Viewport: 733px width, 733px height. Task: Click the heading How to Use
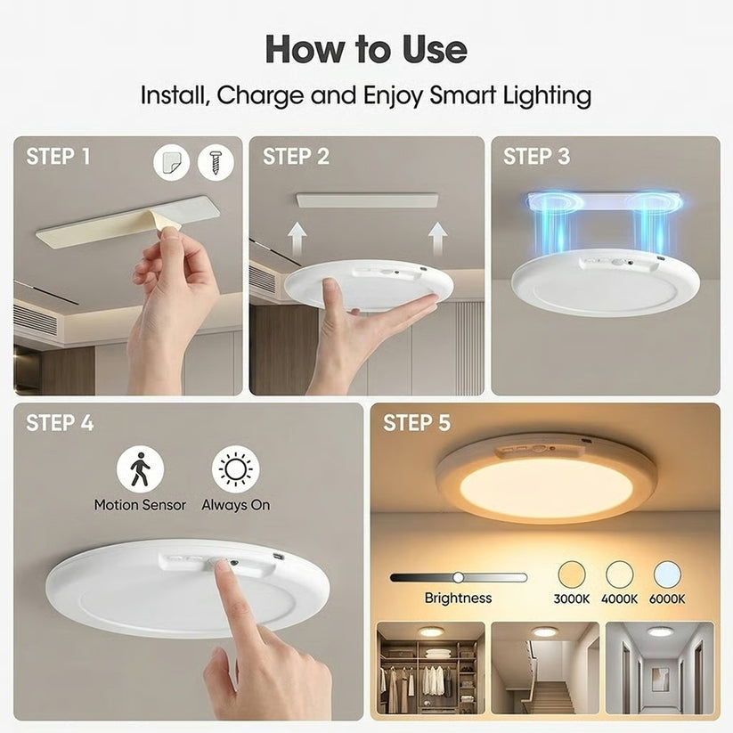coord(366,49)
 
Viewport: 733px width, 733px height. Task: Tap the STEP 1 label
coord(58,157)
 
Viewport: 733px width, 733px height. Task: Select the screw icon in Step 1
coord(216,161)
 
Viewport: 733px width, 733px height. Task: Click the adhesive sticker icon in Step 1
coord(171,162)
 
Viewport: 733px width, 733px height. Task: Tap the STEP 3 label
coord(536,157)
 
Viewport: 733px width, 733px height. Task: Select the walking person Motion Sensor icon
coord(141,468)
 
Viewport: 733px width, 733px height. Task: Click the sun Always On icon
coord(236,468)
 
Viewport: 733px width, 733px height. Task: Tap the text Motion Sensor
coord(140,505)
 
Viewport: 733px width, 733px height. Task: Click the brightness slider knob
coord(458,577)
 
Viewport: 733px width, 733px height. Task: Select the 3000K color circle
coord(571,574)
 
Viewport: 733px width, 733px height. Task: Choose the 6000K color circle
coord(667,574)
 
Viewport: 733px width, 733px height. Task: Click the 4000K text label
coord(619,599)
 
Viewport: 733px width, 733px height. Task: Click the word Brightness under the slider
coord(458,599)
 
